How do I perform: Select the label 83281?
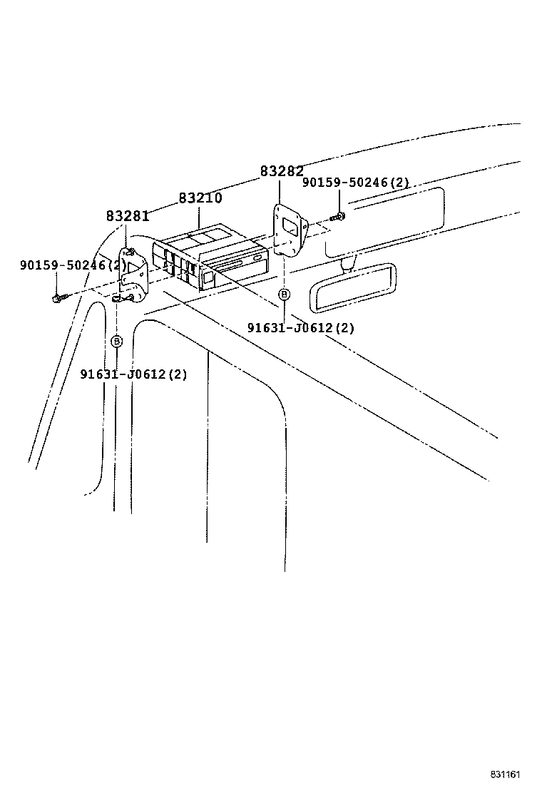click(x=128, y=215)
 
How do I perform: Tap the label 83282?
click(x=282, y=171)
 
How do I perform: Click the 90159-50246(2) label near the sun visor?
click(x=356, y=183)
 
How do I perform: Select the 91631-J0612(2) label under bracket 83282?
click(x=300, y=328)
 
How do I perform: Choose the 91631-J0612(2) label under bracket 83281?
click(x=133, y=374)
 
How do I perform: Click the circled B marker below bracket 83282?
click(x=284, y=294)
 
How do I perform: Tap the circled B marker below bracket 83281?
click(x=118, y=342)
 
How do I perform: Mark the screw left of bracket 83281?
click(x=57, y=298)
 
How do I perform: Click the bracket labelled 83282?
click(x=289, y=232)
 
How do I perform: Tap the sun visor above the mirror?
click(x=385, y=221)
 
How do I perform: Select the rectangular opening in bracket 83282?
click(x=292, y=227)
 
